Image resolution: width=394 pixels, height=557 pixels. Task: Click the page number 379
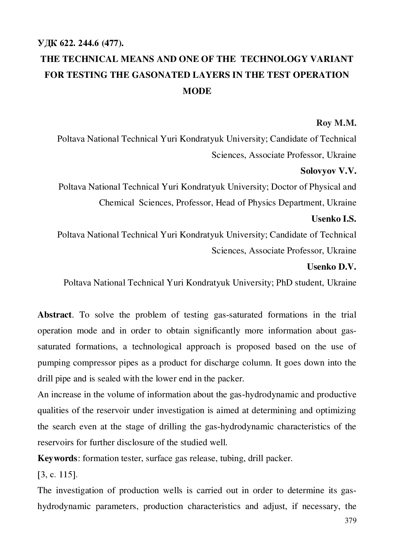pos(350,520)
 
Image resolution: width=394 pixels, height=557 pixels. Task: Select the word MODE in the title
pos(197,91)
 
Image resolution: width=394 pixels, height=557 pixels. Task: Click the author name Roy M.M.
pos(336,123)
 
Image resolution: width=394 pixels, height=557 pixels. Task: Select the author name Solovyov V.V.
pos(328,171)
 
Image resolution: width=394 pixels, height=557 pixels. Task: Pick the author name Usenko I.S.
pos(334,219)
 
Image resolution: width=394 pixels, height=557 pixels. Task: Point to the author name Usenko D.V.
pos(331,267)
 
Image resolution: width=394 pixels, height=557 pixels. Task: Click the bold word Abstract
pos(54,315)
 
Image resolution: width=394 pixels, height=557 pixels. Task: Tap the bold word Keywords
pos(57,459)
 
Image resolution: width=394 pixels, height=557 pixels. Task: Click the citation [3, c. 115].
pos(58,475)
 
